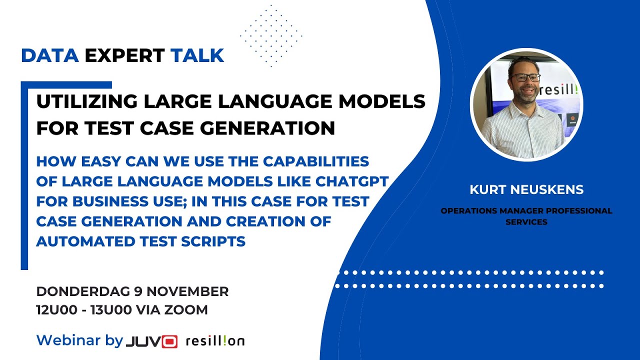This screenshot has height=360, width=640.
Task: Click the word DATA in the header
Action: [x=50, y=55]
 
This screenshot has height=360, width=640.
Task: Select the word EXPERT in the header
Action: [x=124, y=55]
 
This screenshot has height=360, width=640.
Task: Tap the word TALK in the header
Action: [x=197, y=55]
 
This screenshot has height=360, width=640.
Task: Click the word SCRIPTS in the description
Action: [x=213, y=241]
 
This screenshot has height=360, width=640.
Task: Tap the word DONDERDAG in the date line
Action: [x=83, y=291]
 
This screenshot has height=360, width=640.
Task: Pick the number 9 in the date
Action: [x=138, y=291]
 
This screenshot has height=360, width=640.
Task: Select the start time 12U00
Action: [x=57, y=310]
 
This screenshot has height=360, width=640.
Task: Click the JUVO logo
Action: [x=151, y=341]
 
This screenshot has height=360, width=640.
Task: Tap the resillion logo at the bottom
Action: [x=215, y=341]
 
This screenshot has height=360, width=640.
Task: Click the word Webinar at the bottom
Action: [x=68, y=340]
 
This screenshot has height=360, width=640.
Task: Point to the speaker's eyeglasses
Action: [x=525, y=77]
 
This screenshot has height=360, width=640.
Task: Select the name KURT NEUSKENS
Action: [x=526, y=189]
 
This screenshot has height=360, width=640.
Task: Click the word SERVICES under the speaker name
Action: [x=526, y=222]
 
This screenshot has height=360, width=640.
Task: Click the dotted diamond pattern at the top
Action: [x=271, y=36]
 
